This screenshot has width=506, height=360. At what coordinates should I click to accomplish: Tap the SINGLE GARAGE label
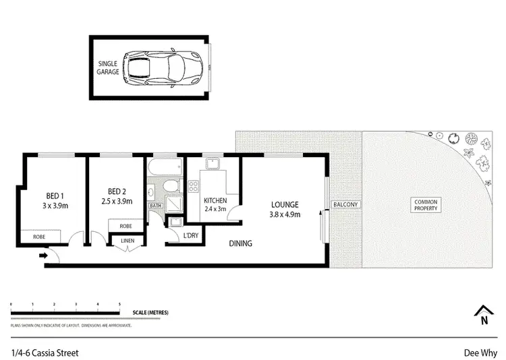pyautogui.click(x=109, y=68)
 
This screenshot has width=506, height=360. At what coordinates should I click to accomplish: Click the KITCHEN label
pyautogui.click(x=215, y=201)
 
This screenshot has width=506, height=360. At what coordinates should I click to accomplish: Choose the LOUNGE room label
pyautogui.click(x=285, y=205)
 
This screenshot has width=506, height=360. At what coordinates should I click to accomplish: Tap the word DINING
pyautogui.click(x=240, y=243)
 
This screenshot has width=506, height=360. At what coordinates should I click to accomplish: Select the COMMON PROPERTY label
pyautogui.click(x=426, y=205)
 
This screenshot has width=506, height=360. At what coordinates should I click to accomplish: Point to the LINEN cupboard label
pyautogui.click(x=128, y=241)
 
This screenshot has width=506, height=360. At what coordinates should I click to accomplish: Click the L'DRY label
pyautogui.click(x=190, y=235)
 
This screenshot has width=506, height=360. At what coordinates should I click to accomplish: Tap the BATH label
pyautogui.click(x=156, y=206)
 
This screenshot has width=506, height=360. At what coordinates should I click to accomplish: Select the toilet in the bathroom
pyautogui.click(x=171, y=185)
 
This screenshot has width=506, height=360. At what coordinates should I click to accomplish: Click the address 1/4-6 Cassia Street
pyautogui.click(x=45, y=351)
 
